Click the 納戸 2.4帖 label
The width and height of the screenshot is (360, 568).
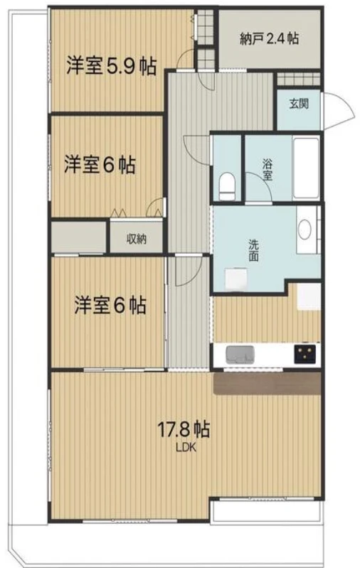pyautogui.click(x=270, y=38)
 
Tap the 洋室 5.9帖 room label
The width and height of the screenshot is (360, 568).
pyautogui.click(x=112, y=66)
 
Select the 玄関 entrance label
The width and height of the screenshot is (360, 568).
pyautogui.click(x=299, y=104)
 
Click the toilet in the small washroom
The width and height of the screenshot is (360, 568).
pyautogui.click(x=227, y=186)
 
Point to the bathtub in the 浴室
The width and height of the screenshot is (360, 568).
pyautogui.click(x=306, y=168)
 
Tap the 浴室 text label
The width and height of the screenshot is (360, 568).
pyautogui.click(x=268, y=170)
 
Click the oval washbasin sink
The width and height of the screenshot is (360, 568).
pyautogui.click(x=305, y=229)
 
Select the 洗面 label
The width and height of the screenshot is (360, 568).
pyautogui.click(x=253, y=250)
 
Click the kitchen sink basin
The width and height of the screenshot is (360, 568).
pyautogui.click(x=240, y=354)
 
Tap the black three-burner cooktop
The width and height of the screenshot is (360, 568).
pyautogui.click(x=305, y=353)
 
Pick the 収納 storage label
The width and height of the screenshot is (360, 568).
pyautogui.click(x=137, y=239)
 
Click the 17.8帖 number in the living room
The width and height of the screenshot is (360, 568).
pyautogui.click(x=184, y=429)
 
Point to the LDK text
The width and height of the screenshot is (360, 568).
pyautogui.click(x=186, y=447)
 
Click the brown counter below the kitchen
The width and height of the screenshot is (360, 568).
pyautogui.click(x=268, y=383)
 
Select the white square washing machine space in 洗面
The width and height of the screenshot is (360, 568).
pyautogui.click(x=236, y=279)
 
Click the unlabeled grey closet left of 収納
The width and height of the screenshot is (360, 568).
pyautogui.click(x=79, y=237)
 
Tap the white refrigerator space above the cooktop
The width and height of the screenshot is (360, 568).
pyautogui.click(x=309, y=296)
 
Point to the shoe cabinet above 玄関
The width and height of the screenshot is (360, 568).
pyautogui.click(x=299, y=80)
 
